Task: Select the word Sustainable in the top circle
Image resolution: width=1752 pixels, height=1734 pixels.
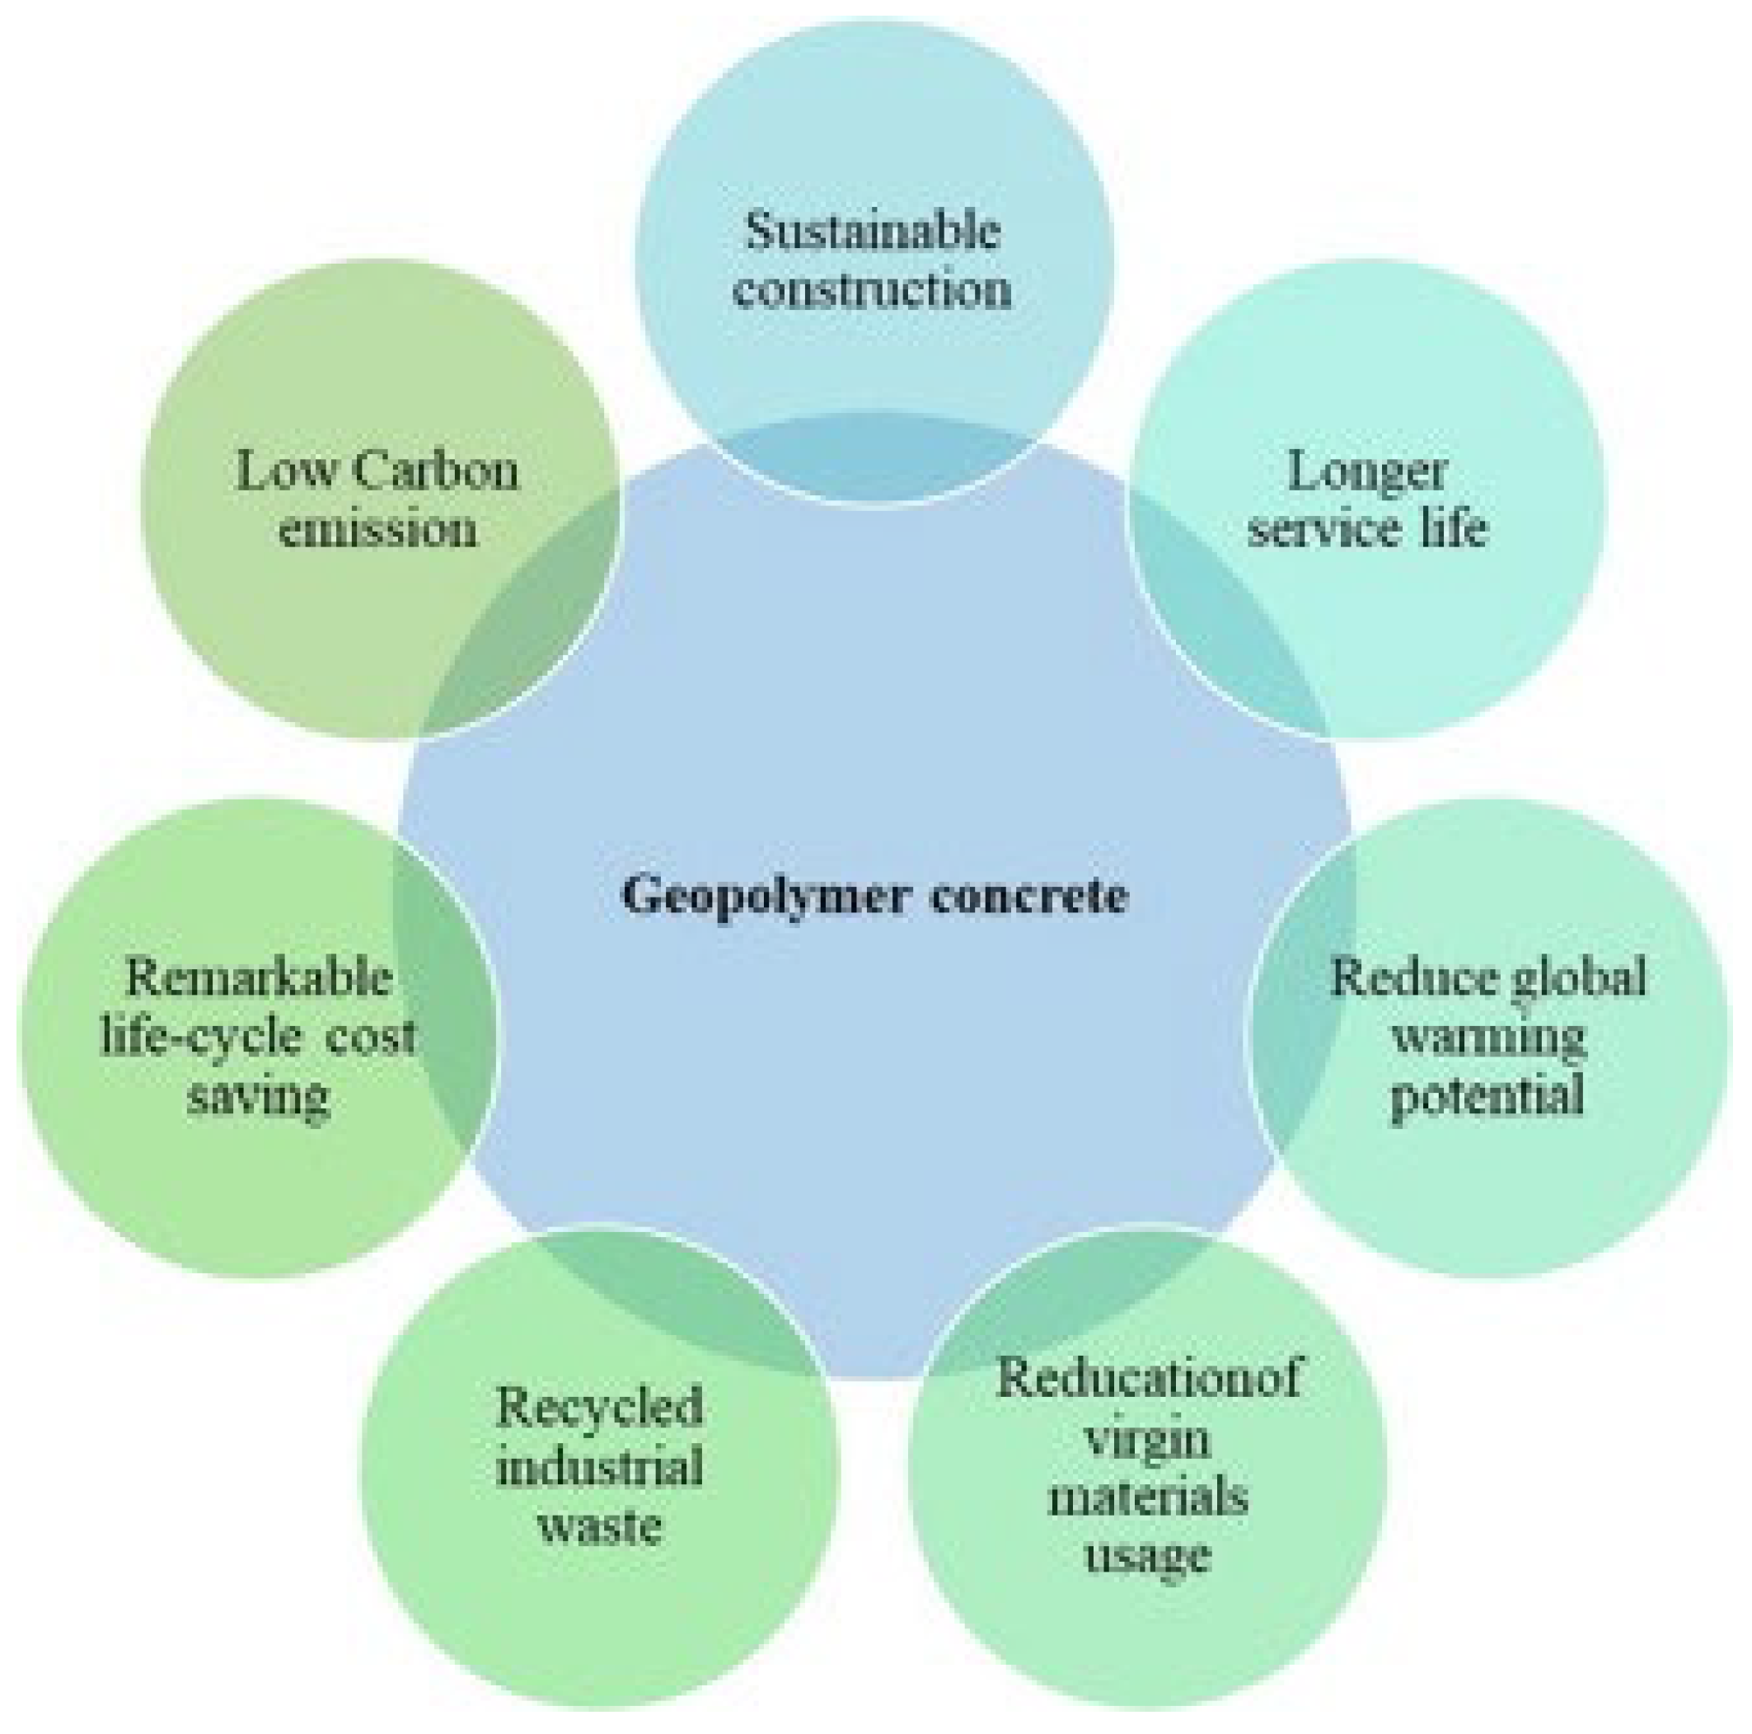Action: (873, 232)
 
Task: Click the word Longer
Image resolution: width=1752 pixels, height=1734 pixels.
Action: (1366, 472)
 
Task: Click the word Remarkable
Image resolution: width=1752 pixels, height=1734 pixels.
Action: (260, 978)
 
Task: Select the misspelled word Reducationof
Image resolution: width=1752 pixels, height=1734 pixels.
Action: (1148, 1379)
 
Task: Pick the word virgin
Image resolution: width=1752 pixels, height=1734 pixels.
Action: (1148, 1438)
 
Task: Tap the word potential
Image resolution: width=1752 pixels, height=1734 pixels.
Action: (1489, 1096)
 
